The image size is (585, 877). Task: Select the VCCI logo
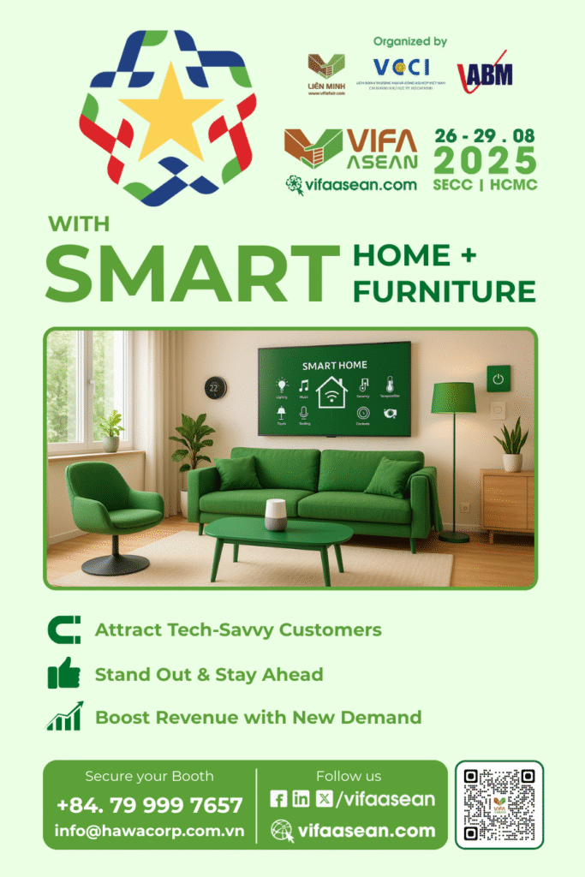[x=401, y=69]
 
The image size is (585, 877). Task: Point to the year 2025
[x=485, y=161]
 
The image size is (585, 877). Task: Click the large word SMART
[x=193, y=273]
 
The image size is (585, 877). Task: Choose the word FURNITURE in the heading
[x=444, y=291]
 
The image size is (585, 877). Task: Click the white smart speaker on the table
[x=275, y=515]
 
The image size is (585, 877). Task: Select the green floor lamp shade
[x=453, y=397]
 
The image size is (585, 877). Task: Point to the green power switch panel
[x=498, y=378]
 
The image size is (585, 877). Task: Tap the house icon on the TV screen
[x=331, y=392]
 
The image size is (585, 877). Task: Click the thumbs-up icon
[x=64, y=674]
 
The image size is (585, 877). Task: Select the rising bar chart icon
[x=64, y=717]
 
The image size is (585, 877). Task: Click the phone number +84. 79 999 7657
[x=150, y=805]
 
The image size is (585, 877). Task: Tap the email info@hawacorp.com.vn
[x=150, y=831]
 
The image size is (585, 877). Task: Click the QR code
[x=499, y=804]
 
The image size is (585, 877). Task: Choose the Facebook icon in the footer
[x=278, y=799]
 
